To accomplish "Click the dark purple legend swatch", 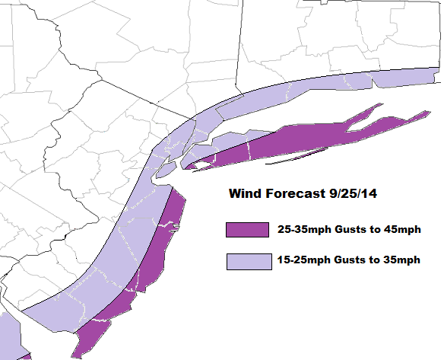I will [248, 230].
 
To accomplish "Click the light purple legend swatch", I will [248, 261].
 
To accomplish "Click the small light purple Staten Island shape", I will [163, 174].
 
